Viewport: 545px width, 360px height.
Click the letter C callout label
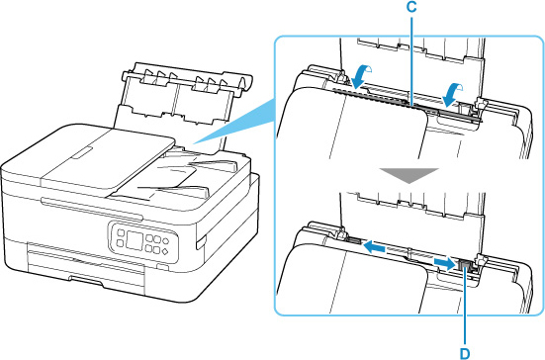(x=411, y=8)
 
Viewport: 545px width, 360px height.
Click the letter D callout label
(x=465, y=354)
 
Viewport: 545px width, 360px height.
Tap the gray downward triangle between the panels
(x=409, y=175)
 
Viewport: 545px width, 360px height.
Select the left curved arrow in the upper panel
(x=361, y=77)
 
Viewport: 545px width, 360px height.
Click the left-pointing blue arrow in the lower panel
(x=374, y=247)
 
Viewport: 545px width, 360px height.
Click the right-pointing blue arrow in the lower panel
(x=444, y=264)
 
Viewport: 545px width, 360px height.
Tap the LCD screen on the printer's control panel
(x=135, y=240)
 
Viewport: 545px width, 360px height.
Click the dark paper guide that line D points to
(x=465, y=267)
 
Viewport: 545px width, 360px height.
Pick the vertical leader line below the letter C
(x=411, y=59)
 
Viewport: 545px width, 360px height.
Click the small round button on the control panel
(x=165, y=240)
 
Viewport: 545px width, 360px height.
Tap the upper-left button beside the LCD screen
(x=121, y=232)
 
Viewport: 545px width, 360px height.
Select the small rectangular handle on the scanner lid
(x=82, y=152)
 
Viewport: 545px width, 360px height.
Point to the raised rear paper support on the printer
(x=181, y=104)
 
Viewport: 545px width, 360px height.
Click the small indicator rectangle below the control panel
(x=161, y=266)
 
